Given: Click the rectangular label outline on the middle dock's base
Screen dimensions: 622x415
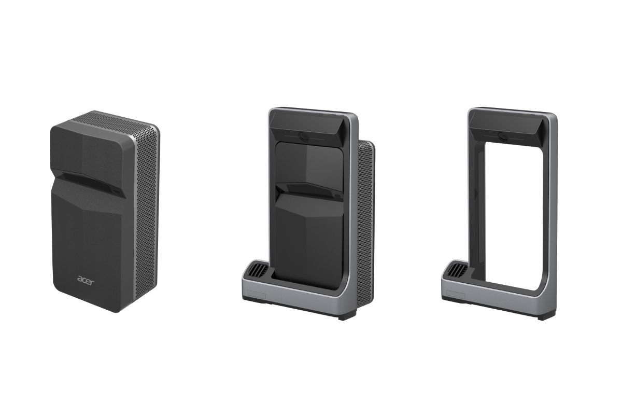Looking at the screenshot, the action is (x=256, y=296).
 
